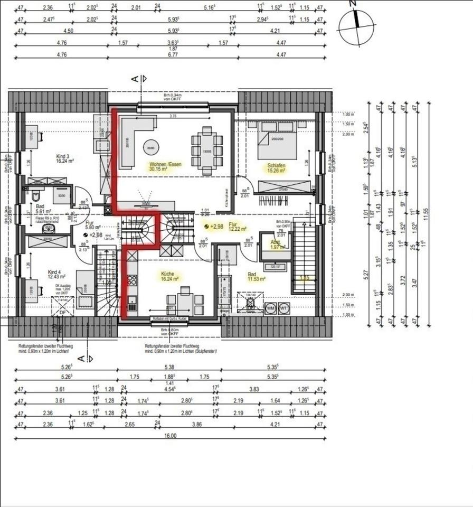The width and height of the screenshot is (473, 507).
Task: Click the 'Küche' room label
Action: click(x=169, y=274)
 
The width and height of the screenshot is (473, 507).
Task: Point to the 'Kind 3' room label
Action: click(x=63, y=156)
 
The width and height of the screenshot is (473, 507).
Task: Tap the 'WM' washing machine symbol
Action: click(x=270, y=307)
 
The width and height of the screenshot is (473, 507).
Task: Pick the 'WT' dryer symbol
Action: click(x=284, y=307)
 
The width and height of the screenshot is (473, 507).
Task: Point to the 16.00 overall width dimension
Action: click(x=170, y=436)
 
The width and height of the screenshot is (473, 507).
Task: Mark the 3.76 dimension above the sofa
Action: click(x=172, y=116)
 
